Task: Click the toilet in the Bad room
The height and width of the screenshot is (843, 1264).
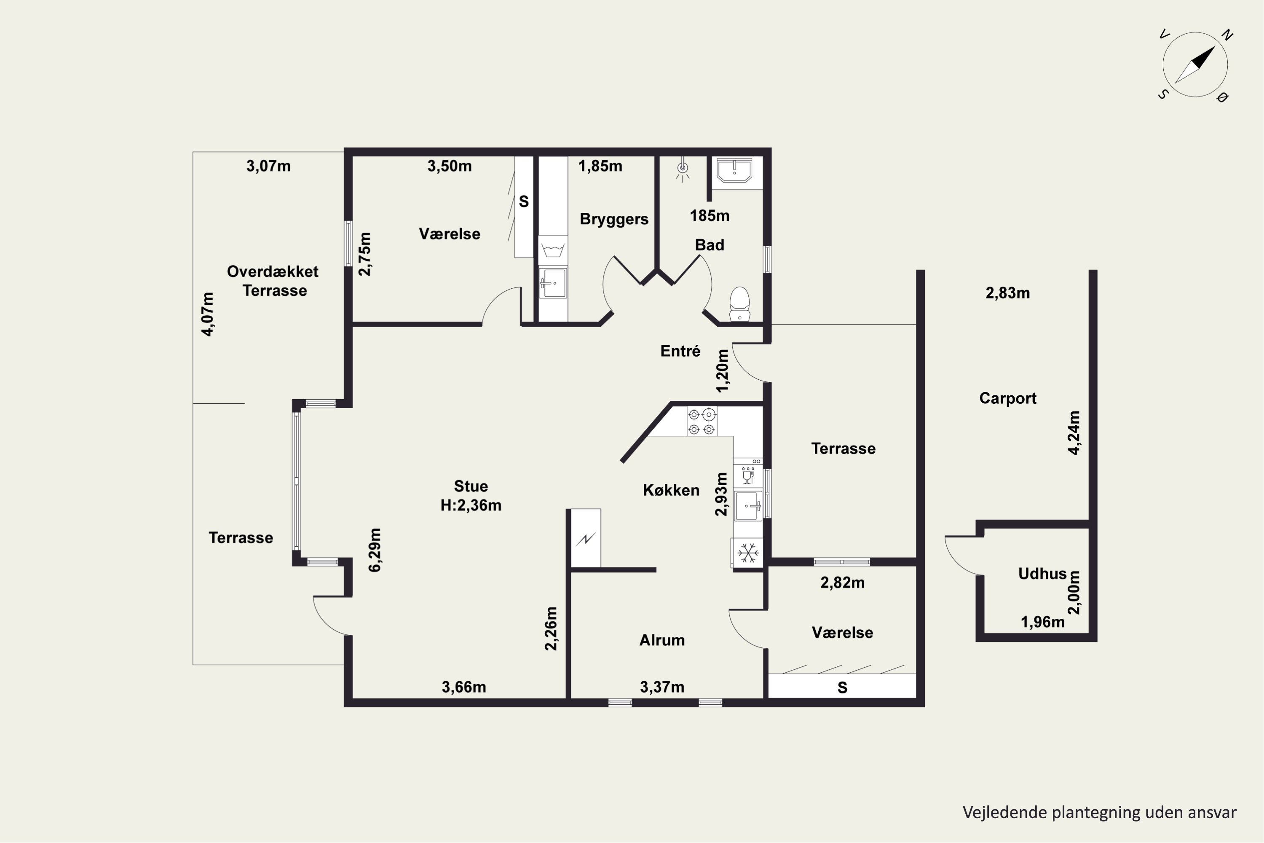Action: coord(739,304)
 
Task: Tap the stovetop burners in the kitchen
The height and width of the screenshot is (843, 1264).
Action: coord(702,421)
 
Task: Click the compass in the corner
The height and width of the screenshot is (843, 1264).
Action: coord(1195,65)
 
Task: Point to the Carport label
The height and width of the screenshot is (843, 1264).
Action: coord(1008,398)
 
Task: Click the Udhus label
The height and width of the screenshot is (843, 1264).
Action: coord(1042,574)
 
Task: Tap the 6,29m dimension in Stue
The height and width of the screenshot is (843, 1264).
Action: coord(375,550)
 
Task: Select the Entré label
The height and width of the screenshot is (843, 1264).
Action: coord(680,351)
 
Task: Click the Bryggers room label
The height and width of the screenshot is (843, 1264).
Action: coord(614,219)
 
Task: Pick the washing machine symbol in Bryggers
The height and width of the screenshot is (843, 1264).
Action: coord(553,250)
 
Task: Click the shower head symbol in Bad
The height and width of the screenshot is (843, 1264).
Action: coord(683,170)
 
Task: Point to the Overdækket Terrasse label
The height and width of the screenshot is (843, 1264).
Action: coord(273,281)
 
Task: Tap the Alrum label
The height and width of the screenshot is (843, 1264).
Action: coord(662,640)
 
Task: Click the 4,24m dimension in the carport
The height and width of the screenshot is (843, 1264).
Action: coord(1074,433)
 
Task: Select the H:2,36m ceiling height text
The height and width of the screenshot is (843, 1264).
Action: coord(471,505)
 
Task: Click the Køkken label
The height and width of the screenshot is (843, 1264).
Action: coord(671,490)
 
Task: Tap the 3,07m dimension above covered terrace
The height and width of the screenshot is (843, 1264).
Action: coord(269,166)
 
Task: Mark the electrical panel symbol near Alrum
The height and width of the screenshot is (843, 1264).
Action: coord(586,538)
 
